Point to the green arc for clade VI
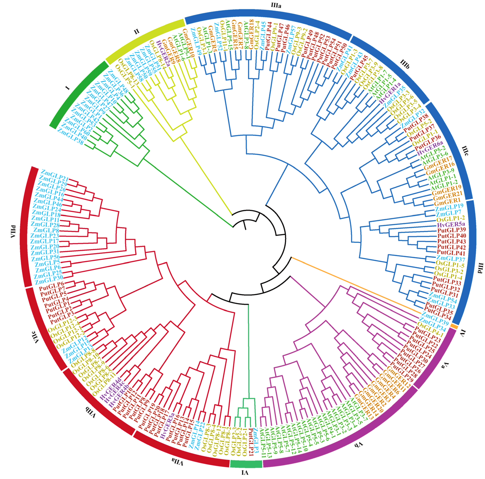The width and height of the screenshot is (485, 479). pos(246,464)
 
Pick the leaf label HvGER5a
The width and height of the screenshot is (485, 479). pos(451,224)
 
